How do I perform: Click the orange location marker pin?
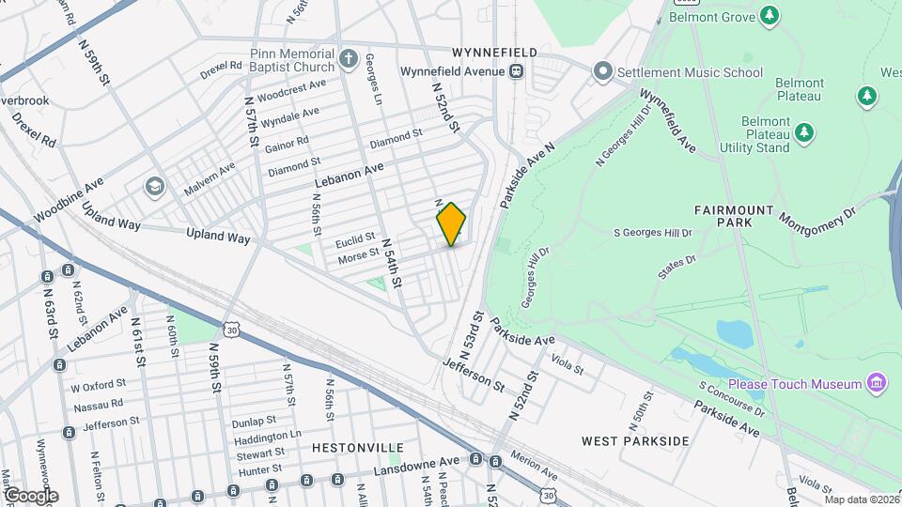pos(452,223)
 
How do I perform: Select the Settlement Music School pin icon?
pos(602,71)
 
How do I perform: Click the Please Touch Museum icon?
pos(877,383)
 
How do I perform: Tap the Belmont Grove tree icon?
pos(770,15)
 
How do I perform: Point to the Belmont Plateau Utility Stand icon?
pos(803,133)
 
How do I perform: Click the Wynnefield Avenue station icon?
pos(516,71)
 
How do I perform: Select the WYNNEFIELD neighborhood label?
pos(493,51)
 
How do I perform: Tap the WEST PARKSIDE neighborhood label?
pos(635,440)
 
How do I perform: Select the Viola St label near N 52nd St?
pos(567,361)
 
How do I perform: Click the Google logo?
pos(31,495)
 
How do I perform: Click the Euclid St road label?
pos(356,238)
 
